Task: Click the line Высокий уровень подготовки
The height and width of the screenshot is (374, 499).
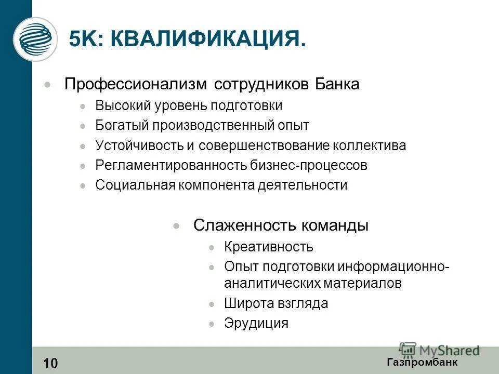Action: pyautogui.click(x=189, y=106)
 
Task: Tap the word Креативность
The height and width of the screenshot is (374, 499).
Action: pyautogui.click(x=269, y=247)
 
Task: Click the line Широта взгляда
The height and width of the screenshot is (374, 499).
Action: pyautogui.click(x=276, y=304)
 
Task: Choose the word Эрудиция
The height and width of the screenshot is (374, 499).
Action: pyautogui.click(x=256, y=324)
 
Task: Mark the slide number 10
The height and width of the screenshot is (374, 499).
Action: pyautogui.click(x=51, y=363)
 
